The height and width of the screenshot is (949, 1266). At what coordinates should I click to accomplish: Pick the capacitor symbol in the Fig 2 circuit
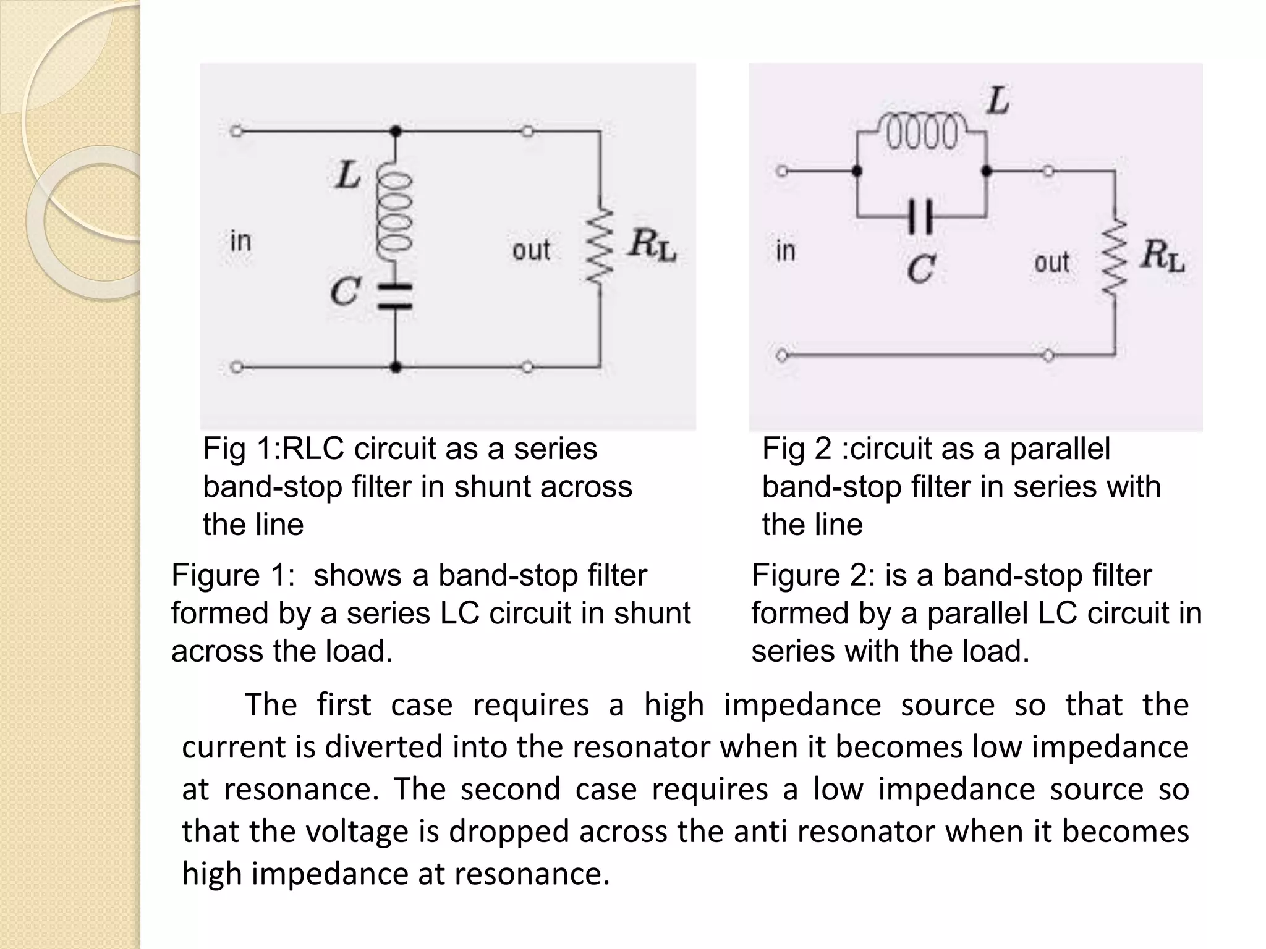920,216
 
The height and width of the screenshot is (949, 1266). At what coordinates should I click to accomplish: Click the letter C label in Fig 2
921,269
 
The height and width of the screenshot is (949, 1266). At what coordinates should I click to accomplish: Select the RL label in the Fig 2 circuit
1162,255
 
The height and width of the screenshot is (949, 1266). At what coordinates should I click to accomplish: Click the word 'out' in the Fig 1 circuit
531,250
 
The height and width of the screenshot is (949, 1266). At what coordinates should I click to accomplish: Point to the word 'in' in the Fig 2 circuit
785,251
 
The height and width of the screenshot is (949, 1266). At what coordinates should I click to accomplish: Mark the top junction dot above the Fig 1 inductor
396,131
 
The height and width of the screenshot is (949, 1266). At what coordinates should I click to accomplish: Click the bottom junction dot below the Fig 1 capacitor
396,367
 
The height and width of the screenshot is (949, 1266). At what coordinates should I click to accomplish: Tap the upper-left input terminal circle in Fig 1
236,131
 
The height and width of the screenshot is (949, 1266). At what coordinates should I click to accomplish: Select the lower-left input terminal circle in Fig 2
782,356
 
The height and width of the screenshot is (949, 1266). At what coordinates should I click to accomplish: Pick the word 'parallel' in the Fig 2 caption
1060,449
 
